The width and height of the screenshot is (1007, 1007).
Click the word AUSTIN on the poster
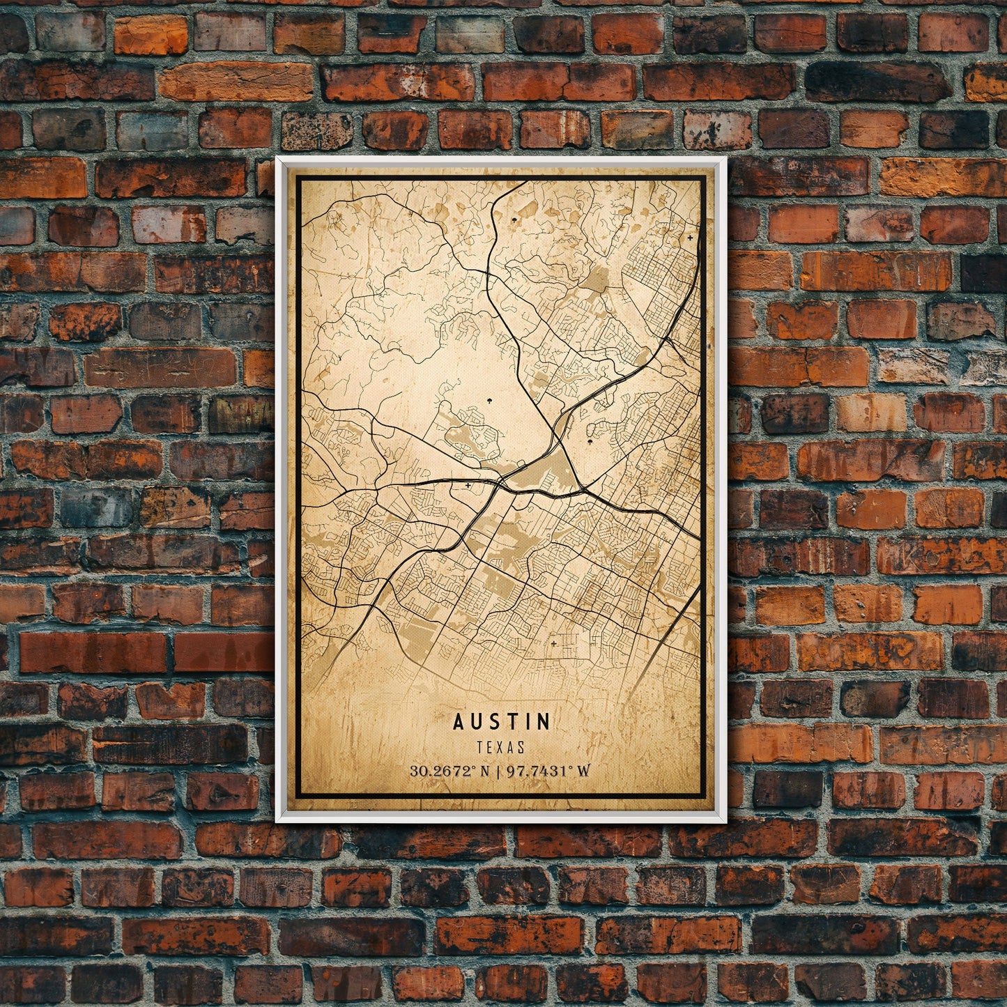click(502, 721)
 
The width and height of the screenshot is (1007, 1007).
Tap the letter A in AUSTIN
click(459, 721)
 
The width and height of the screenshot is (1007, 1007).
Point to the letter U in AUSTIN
click(477, 721)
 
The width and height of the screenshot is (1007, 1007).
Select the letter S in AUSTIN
click(494, 721)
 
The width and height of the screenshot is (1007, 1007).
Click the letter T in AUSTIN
click(512, 721)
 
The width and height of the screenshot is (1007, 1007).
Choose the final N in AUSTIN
click(544, 721)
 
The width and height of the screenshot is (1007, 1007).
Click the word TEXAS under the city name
click(501, 747)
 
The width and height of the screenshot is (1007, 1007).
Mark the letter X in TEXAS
click(502, 747)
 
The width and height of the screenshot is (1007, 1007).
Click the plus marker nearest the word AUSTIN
click(554, 644)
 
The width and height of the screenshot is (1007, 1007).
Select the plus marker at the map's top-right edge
click(690, 238)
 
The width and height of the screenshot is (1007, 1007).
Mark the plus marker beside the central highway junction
click(467, 484)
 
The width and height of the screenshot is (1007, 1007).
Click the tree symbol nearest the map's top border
click(516, 220)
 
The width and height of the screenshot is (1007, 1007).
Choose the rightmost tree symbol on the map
click(591, 441)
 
